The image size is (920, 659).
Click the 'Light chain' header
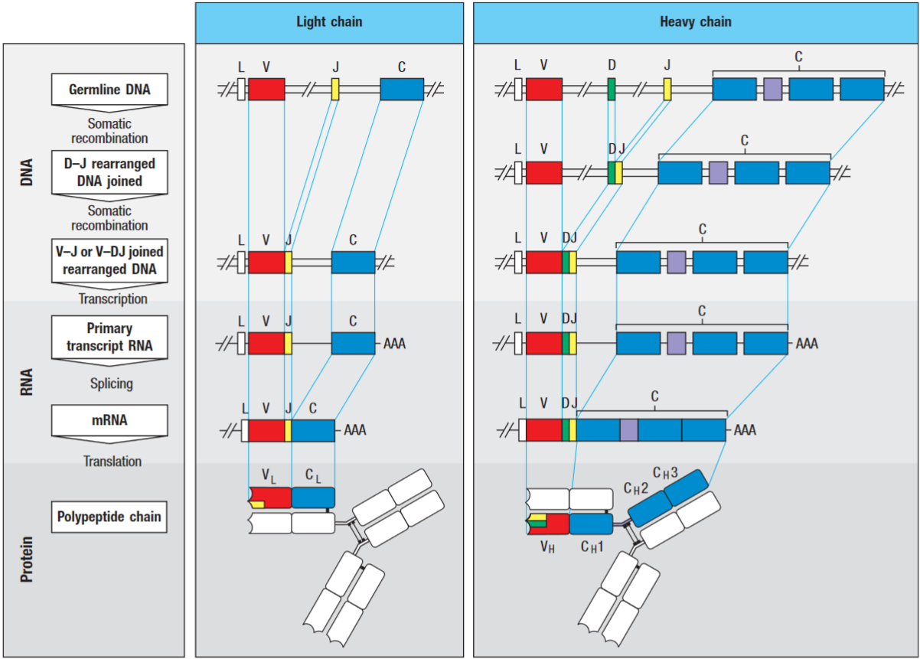pyautogui.click(x=329, y=22)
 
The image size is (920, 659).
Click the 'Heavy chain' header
pyautogui.click(x=695, y=22)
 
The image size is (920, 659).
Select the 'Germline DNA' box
pyautogui.click(x=109, y=90)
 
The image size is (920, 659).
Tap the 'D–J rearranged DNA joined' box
pyautogui.click(x=109, y=173)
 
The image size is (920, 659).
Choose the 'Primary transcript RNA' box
pyautogui.click(x=109, y=337)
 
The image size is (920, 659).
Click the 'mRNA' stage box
pyautogui.click(x=109, y=420)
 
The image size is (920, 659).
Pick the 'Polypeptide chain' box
pyautogui.click(x=109, y=517)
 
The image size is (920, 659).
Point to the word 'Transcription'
pyautogui.click(x=113, y=299)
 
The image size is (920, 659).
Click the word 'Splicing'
pyautogui.click(x=111, y=383)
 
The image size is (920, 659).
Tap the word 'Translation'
pyautogui.click(x=113, y=462)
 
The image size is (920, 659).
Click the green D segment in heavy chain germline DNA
pyautogui.click(x=612, y=90)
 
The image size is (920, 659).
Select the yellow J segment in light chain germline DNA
pyautogui.click(x=335, y=89)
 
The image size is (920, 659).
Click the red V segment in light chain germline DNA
pyautogui.click(x=266, y=89)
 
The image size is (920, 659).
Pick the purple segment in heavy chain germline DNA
pyautogui.click(x=772, y=89)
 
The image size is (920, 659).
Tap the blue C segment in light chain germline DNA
pyautogui.click(x=402, y=89)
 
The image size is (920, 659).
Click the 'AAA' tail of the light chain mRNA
pyautogui.click(x=355, y=430)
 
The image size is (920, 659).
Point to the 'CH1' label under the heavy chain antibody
pyautogui.click(x=592, y=546)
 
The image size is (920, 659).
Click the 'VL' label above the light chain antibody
pyautogui.click(x=269, y=477)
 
